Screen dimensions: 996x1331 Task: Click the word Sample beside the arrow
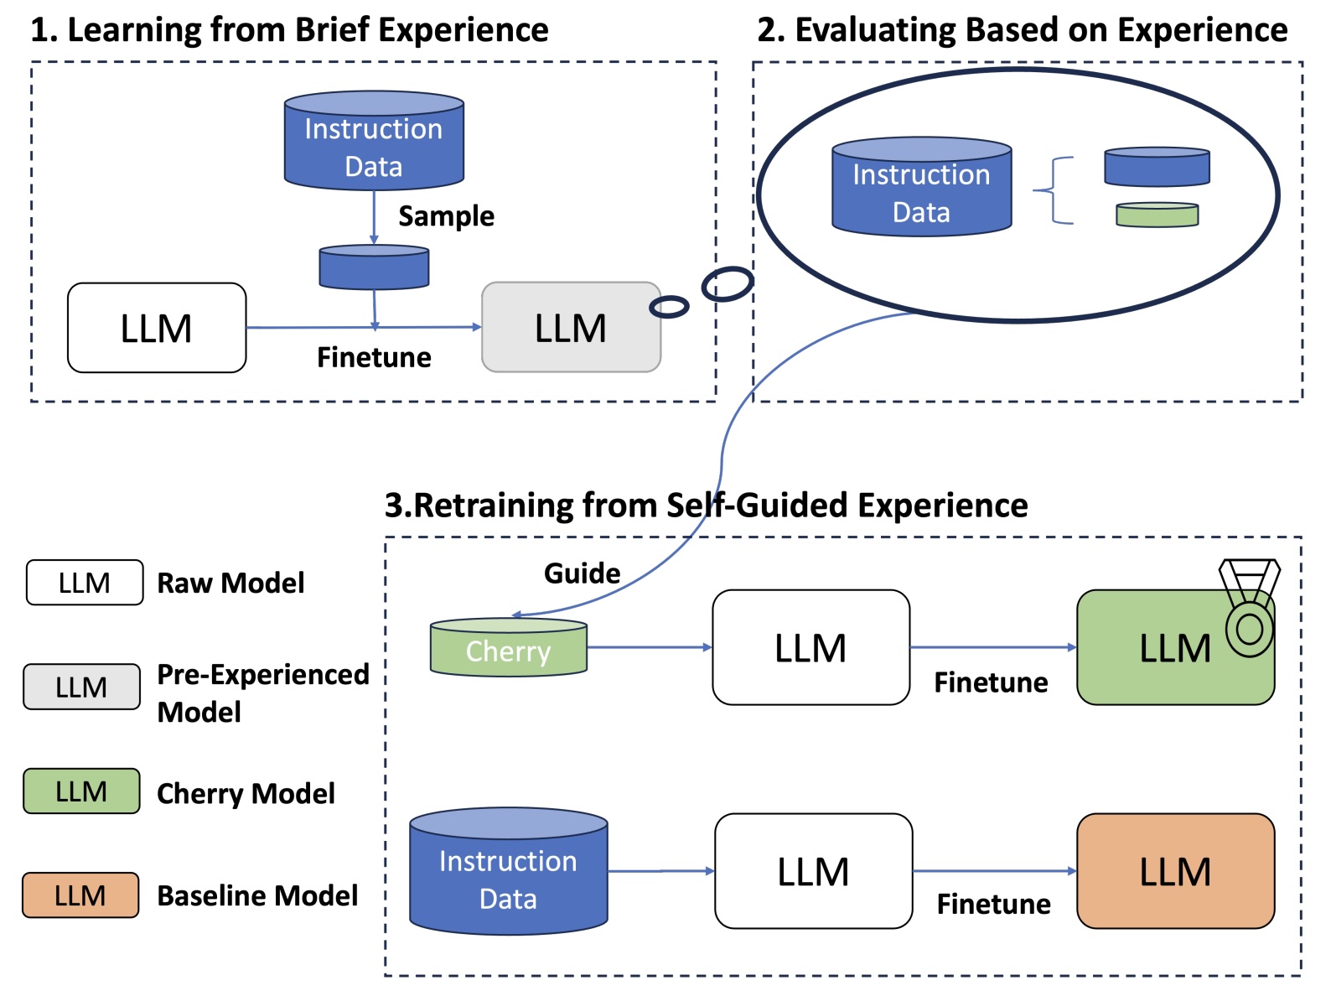[446, 216]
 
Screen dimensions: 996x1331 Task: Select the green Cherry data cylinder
[508, 647]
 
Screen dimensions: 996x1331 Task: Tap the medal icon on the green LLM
[1249, 609]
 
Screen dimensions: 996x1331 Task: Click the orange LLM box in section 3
[1175, 871]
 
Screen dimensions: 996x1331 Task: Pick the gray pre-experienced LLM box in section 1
[571, 328]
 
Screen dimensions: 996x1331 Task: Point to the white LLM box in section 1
[157, 328]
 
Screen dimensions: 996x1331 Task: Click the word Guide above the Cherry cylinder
[582, 573]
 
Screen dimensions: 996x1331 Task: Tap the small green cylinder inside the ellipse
[1157, 215]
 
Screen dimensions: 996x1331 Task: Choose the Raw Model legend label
[230, 583]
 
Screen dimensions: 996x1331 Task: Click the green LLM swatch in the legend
[81, 791]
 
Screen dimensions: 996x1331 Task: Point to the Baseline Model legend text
[257, 895]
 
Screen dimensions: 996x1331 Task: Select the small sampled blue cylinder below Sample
[374, 267]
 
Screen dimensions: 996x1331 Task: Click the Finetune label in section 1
[374, 358]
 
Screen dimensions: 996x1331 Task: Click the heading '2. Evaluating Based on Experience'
[1022, 30]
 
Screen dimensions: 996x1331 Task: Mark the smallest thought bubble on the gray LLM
[669, 307]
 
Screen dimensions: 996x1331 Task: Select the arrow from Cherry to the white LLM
[649, 647]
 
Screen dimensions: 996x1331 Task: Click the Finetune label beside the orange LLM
[993, 904]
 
